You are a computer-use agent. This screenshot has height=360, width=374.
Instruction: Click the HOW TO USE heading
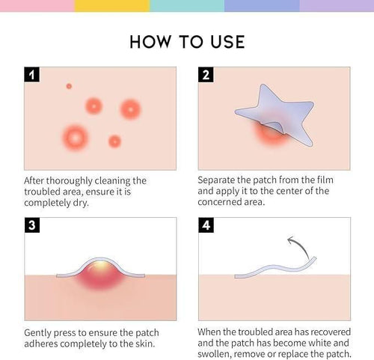[x=187, y=40]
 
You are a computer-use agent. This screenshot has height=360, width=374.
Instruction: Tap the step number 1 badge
[x=32, y=75]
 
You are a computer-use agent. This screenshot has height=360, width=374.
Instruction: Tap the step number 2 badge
[x=206, y=75]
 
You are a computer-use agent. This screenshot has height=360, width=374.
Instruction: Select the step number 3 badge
[x=32, y=225]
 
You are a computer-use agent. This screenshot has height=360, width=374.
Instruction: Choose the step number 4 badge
[x=206, y=225]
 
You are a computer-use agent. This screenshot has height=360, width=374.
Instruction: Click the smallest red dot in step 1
[x=69, y=86]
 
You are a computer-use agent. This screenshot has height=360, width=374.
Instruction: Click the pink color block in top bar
[x=37, y=6]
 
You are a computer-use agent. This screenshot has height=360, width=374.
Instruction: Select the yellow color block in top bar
[x=111, y=6]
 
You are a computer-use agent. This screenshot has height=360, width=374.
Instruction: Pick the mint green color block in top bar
[x=187, y=6]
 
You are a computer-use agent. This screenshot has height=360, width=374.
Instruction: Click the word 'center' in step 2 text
[x=296, y=191]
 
